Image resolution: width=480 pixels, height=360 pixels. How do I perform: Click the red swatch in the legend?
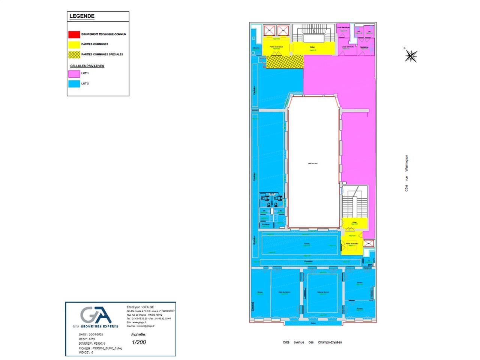click(74, 34)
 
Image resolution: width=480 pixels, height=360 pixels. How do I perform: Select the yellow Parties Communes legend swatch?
click(74, 45)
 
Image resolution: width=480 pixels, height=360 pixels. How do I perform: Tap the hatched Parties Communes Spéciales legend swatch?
click(74, 55)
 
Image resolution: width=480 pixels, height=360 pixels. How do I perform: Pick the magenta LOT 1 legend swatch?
click(74, 73)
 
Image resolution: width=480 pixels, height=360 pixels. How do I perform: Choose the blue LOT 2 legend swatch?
click(74, 84)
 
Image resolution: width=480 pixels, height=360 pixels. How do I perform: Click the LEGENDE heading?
click(82, 16)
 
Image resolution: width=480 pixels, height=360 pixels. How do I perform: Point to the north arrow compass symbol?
click(411, 56)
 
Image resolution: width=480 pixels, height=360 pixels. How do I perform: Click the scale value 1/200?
click(139, 342)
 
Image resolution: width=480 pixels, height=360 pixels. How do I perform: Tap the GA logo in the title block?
click(96, 315)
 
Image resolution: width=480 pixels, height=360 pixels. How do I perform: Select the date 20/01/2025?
click(96, 334)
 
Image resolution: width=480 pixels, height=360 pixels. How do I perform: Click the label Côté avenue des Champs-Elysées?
click(312, 342)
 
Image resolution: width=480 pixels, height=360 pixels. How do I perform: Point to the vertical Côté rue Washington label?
click(406, 173)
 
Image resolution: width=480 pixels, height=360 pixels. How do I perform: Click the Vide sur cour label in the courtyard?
click(313, 163)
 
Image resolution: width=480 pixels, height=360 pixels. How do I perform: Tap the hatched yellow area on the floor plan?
click(285, 61)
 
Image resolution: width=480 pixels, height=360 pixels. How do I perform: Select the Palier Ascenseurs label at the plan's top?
click(277, 47)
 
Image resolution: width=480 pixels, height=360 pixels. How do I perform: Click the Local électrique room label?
click(343, 28)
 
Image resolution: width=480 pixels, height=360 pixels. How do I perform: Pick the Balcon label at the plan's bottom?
click(313, 322)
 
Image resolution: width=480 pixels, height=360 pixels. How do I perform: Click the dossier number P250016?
click(99, 343)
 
